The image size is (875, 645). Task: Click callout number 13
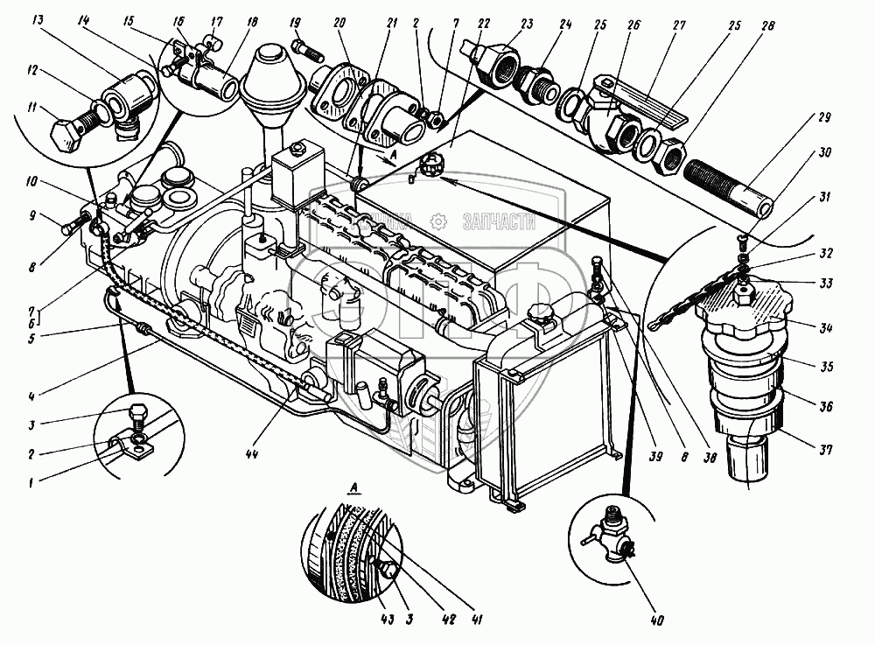(x=39, y=20)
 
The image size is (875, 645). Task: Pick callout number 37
(x=824, y=449)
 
